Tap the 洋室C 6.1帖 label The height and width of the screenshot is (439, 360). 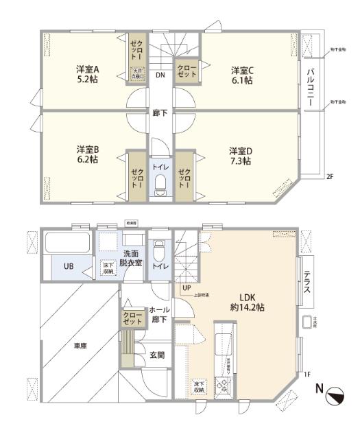[241, 75]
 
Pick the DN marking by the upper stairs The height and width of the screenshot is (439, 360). [159, 75]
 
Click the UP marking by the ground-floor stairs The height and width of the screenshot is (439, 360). [187, 287]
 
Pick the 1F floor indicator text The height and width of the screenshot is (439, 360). [308, 374]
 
